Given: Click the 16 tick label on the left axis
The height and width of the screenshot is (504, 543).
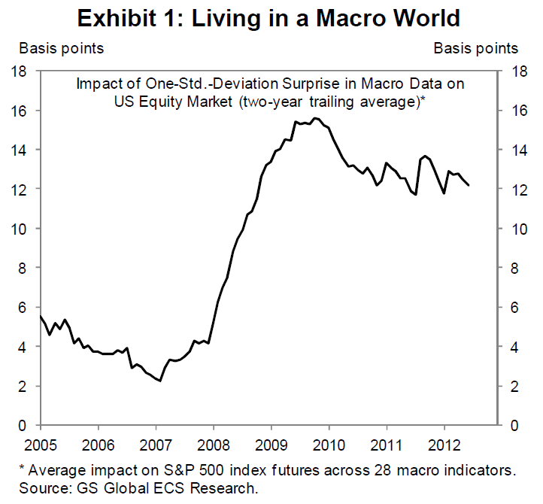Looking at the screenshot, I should pyautogui.click(x=20, y=111).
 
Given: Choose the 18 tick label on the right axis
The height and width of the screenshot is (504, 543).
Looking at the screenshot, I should pyautogui.click(x=517, y=71).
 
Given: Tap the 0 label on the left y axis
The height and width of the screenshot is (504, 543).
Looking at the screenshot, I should pyautogui.click(x=24, y=426).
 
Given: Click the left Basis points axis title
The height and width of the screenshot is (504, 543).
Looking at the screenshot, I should pyautogui.click(x=62, y=49).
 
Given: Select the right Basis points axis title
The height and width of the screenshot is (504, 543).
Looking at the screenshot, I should pyautogui.click(x=476, y=49).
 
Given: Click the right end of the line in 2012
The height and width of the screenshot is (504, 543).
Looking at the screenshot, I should pyautogui.click(x=469, y=185).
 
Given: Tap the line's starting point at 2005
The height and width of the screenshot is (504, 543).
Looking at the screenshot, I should pyautogui.click(x=41, y=317).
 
